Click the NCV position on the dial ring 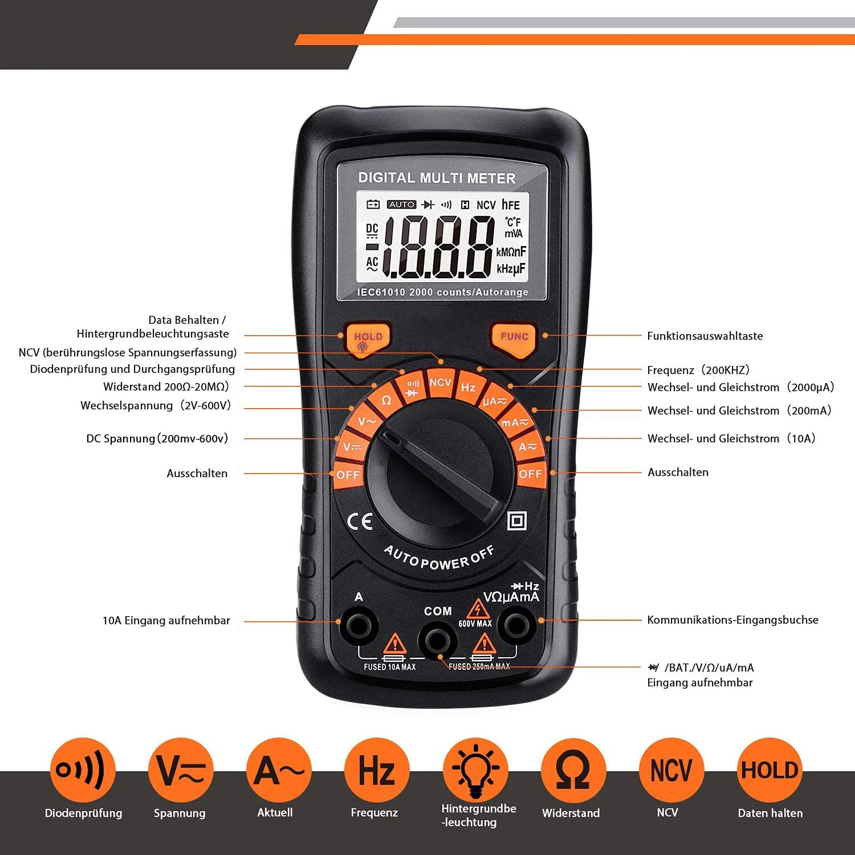pos(440,382)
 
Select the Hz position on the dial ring pos(468,388)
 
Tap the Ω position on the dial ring pos(386,400)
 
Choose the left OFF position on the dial pos(348,475)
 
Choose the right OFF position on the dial pos(530,474)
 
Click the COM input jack pos(437,641)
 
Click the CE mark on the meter pos(360,522)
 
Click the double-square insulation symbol pos(516,520)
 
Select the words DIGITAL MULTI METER pos(437,178)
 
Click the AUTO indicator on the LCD pos(402,205)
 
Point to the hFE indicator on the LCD pos(511,205)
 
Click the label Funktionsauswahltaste pos(705,336)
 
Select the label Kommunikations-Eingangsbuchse pos(732,620)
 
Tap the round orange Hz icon pos(377,770)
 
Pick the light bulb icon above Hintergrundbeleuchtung pos(476,770)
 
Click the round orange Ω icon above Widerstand pos(573,770)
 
